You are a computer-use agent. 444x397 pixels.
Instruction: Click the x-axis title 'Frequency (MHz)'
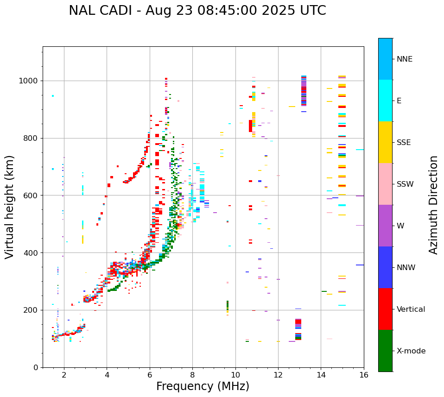(x=203, y=386)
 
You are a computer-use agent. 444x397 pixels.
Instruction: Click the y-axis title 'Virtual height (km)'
(x=10, y=207)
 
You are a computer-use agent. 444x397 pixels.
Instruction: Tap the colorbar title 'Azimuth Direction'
(x=433, y=205)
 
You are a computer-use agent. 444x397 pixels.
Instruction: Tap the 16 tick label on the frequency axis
(x=364, y=375)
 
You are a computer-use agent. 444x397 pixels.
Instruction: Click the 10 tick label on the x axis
(x=235, y=375)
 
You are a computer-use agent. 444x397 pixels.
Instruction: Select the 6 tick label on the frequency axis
(x=150, y=375)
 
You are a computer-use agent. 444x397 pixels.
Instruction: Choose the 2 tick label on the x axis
(x=64, y=375)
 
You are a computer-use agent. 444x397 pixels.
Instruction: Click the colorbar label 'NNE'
(x=405, y=59)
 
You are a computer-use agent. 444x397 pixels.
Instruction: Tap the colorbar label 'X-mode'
(x=411, y=351)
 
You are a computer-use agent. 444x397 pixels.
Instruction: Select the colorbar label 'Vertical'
(x=411, y=309)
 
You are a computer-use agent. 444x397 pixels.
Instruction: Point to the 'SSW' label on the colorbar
(x=405, y=184)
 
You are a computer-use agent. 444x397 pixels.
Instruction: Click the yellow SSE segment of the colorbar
(x=385, y=142)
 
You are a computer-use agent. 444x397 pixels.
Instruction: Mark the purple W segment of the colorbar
(x=385, y=226)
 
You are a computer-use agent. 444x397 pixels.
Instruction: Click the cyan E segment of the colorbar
(x=385, y=101)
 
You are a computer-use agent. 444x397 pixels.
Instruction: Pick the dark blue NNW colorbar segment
(x=385, y=267)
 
